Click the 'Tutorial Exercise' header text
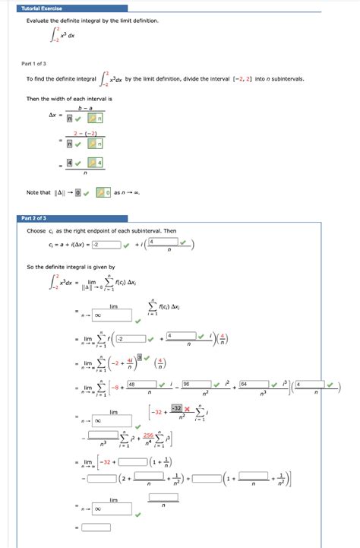click(41, 8)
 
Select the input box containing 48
click(143, 386)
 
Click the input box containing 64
click(251, 386)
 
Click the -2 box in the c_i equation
click(107, 244)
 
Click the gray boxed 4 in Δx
click(69, 162)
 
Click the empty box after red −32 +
click(134, 461)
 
